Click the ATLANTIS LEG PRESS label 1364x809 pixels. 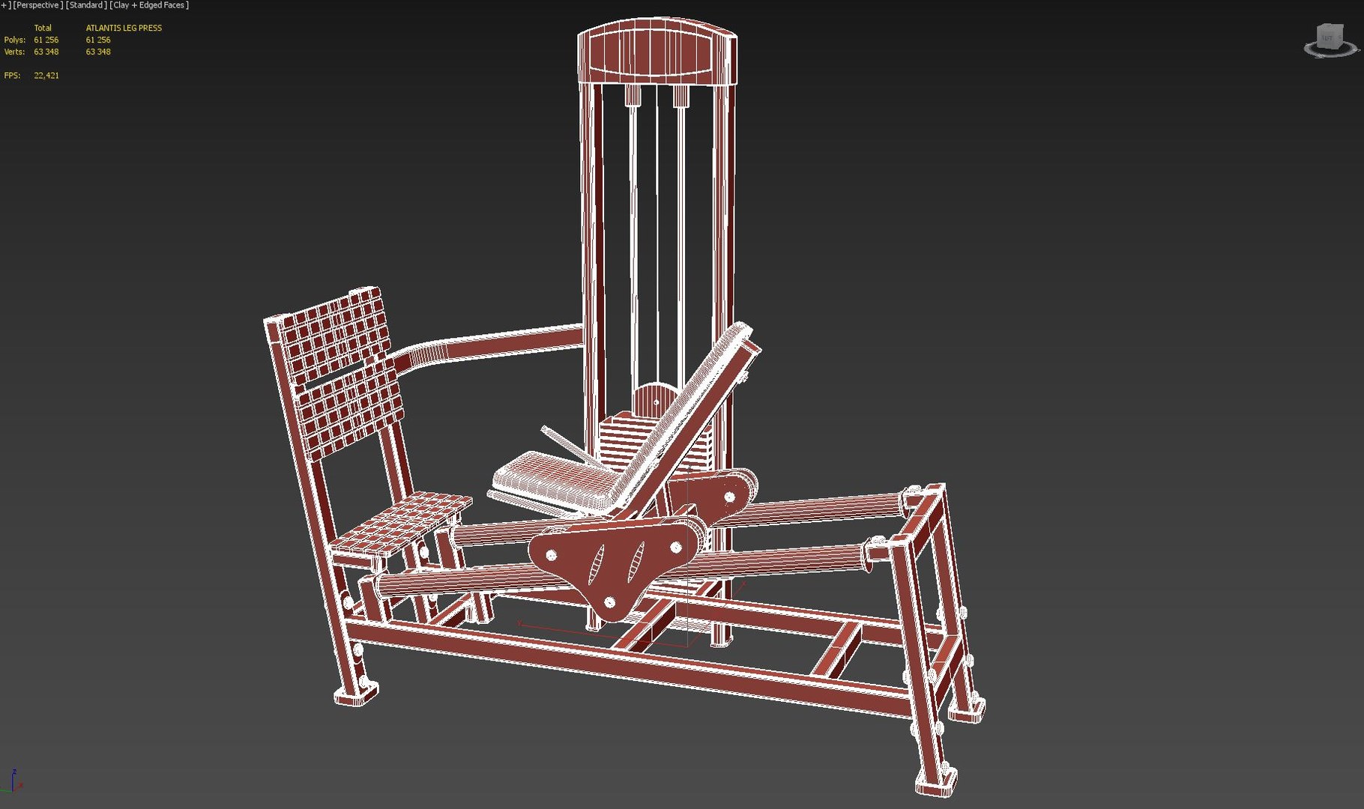124,28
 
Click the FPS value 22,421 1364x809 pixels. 46,76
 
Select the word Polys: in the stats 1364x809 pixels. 14,40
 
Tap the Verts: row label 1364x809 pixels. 14,52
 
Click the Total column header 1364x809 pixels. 43,28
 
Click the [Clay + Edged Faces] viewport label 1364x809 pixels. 149,5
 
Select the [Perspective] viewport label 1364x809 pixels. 37,5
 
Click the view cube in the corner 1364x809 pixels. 1330,39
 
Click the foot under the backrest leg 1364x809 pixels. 355,695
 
